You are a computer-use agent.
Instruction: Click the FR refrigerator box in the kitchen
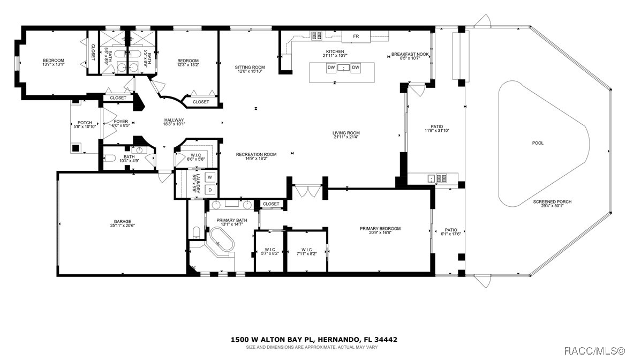tap(356, 36)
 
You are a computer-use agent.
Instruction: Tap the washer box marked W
tap(210, 177)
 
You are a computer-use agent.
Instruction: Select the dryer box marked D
tap(210, 190)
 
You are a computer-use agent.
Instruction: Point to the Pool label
tap(538, 143)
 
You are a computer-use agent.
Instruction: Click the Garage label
tap(122, 222)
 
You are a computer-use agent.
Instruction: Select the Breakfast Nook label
tap(410, 54)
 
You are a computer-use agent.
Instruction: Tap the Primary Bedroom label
tap(380, 229)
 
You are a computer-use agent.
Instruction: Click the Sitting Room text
tap(250, 67)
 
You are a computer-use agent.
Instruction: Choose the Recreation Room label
tap(257, 155)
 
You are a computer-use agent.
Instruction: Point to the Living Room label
tap(346, 133)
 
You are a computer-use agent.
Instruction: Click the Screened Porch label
tap(552, 202)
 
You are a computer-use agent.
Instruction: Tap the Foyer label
tap(121, 122)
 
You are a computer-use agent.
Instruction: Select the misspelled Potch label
tap(85, 123)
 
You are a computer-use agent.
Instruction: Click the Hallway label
tap(174, 120)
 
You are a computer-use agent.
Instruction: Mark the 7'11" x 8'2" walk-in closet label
tap(306, 250)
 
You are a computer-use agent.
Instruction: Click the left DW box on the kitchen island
tap(331, 67)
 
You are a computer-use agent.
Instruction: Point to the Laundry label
tap(197, 184)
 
